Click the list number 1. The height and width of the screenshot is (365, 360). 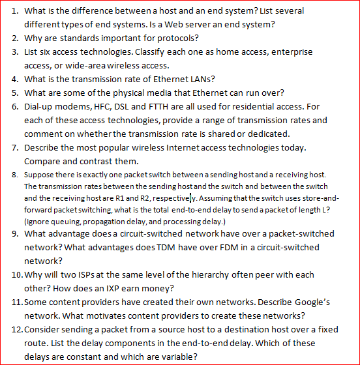coord(15,11)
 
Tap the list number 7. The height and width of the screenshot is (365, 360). coord(15,147)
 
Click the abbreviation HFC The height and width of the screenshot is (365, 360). coord(107,107)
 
